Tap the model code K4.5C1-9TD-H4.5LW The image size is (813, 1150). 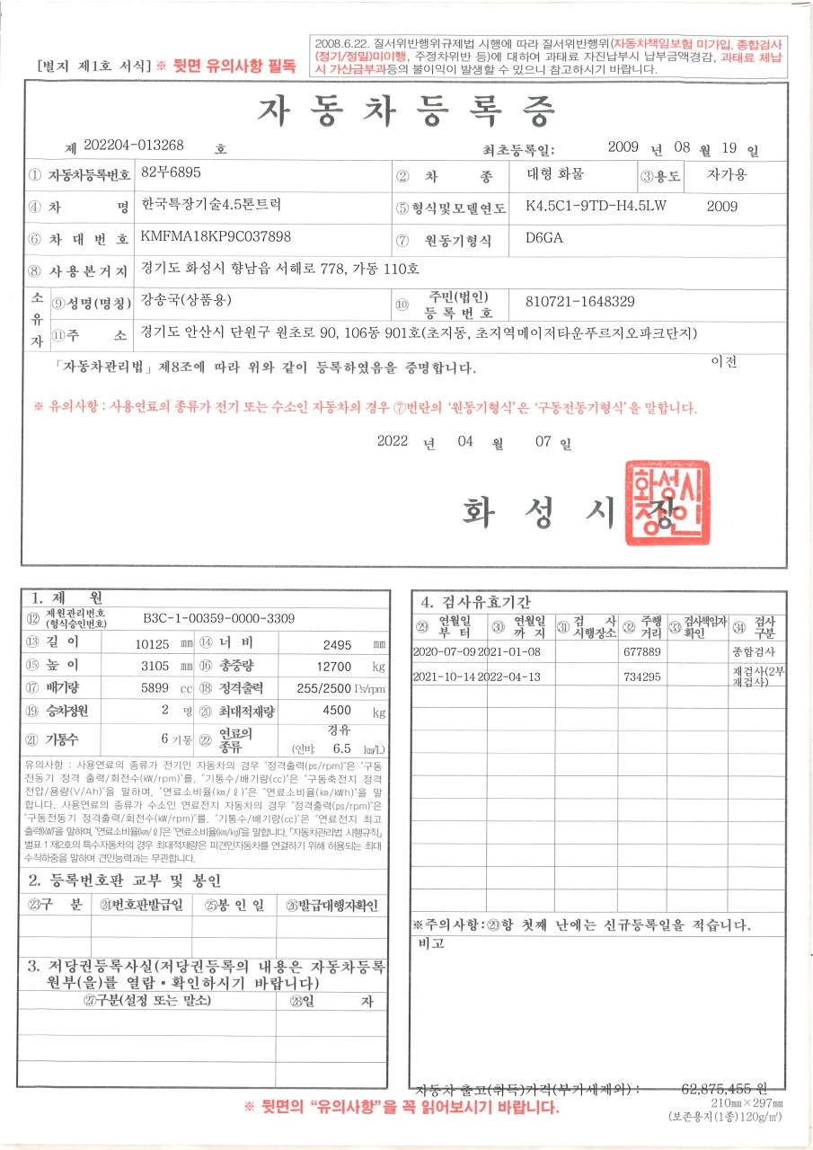click(596, 206)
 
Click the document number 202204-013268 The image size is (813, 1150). click(133, 145)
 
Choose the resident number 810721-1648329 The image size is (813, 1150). click(579, 301)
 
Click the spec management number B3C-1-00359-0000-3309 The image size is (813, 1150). click(218, 618)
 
